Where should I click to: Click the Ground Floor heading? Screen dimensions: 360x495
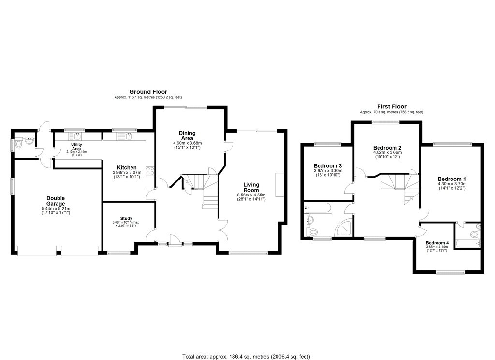pyautogui.click(x=148, y=91)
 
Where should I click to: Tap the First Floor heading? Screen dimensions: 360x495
pyautogui.click(x=392, y=106)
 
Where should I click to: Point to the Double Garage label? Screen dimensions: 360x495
pyautogui.click(x=56, y=200)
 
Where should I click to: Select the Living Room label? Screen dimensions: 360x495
pyautogui.click(x=251, y=187)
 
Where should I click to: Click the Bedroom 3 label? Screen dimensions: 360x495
pyautogui.click(x=328, y=165)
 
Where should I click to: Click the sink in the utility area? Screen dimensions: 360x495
pyautogui.click(x=76, y=137)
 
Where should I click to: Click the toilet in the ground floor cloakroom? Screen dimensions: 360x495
pyautogui.click(x=19, y=144)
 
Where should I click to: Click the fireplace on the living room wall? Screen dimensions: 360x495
pyautogui.click(x=279, y=184)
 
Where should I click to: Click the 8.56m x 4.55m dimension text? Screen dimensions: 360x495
pyautogui.click(x=251, y=195)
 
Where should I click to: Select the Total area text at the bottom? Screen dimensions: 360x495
pyautogui.click(x=246, y=356)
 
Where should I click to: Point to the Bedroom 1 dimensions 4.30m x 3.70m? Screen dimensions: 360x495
pyautogui.click(x=451, y=184)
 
